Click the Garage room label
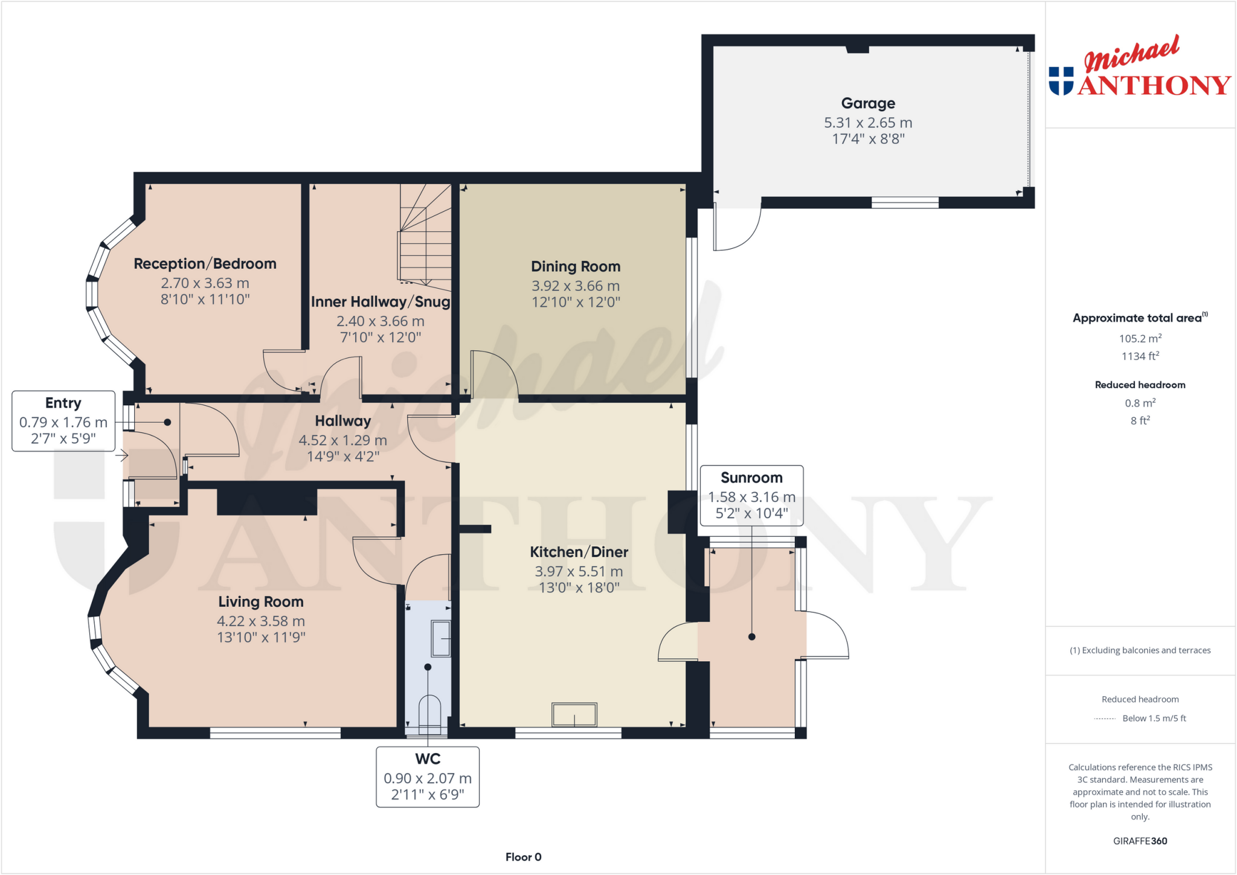pyautogui.click(x=868, y=103)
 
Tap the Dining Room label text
pyautogui.click(x=576, y=266)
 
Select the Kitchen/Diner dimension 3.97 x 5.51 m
pyautogui.click(x=579, y=571)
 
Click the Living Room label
pyautogui.click(x=261, y=601)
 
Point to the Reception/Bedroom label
pyautogui.click(x=205, y=264)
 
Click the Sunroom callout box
pyautogui.click(x=751, y=495)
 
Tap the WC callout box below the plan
pyautogui.click(x=428, y=777)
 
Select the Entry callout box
pyautogui.click(x=63, y=421)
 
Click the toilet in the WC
pyautogui.click(x=429, y=713)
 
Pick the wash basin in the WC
pyautogui.click(x=441, y=638)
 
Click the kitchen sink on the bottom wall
pyautogui.click(x=574, y=715)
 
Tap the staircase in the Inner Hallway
pyautogui.click(x=426, y=236)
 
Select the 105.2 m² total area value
pyautogui.click(x=1140, y=339)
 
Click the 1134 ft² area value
pyautogui.click(x=1140, y=356)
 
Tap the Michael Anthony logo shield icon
pyautogui.click(x=1061, y=81)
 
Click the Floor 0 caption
pyautogui.click(x=523, y=857)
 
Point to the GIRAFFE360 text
pyautogui.click(x=1140, y=841)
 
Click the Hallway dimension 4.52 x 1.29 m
pyautogui.click(x=342, y=440)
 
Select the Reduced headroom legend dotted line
pyautogui.click(x=1105, y=719)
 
